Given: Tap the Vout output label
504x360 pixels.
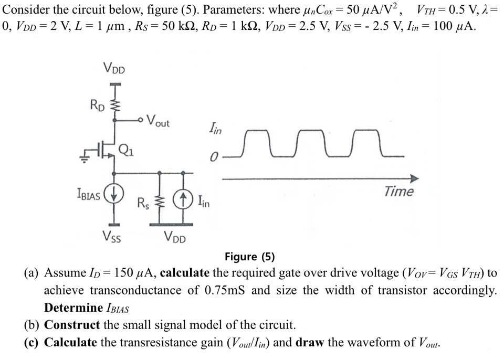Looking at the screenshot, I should (x=158, y=121).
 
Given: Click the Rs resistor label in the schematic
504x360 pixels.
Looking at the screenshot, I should (x=143, y=203).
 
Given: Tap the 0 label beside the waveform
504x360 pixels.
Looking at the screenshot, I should (x=214, y=157).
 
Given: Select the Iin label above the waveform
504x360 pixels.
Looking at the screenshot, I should (x=215, y=129).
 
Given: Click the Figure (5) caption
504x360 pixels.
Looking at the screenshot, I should (x=249, y=257).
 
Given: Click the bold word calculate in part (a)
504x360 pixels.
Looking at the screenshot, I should (x=185, y=273).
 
